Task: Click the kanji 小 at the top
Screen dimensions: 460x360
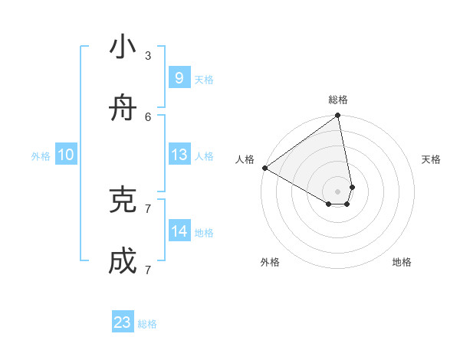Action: click(123, 47)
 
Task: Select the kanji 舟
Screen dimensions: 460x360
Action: click(123, 110)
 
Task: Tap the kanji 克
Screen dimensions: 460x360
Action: click(123, 200)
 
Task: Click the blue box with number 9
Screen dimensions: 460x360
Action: click(179, 78)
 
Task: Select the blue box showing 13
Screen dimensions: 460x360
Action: click(179, 155)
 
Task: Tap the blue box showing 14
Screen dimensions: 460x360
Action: click(179, 231)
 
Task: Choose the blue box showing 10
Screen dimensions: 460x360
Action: click(66, 155)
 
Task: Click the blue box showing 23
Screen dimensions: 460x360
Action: click(123, 322)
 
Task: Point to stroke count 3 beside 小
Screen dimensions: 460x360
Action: click(148, 55)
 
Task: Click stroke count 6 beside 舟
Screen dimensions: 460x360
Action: click(148, 116)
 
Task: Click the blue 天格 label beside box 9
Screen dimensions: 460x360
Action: click(204, 80)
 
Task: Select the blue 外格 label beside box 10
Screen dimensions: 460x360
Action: click(41, 156)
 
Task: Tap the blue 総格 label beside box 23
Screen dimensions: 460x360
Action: click(147, 324)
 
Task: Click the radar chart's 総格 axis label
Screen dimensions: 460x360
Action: click(338, 100)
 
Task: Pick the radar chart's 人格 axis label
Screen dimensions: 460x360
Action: click(245, 159)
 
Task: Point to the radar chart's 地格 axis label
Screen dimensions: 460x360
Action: click(402, 262)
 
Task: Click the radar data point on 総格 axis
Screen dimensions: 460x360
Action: click(338, 116)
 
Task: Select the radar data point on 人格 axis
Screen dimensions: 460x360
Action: click(264, 168)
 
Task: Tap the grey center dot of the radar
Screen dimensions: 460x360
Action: click(338, 191)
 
